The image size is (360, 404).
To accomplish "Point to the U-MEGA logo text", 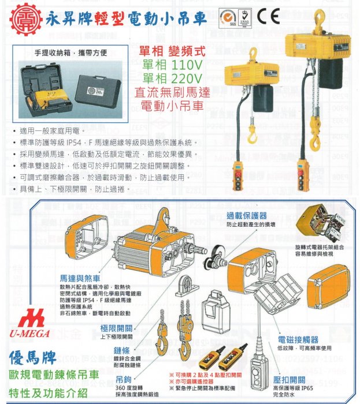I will [29, 333].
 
